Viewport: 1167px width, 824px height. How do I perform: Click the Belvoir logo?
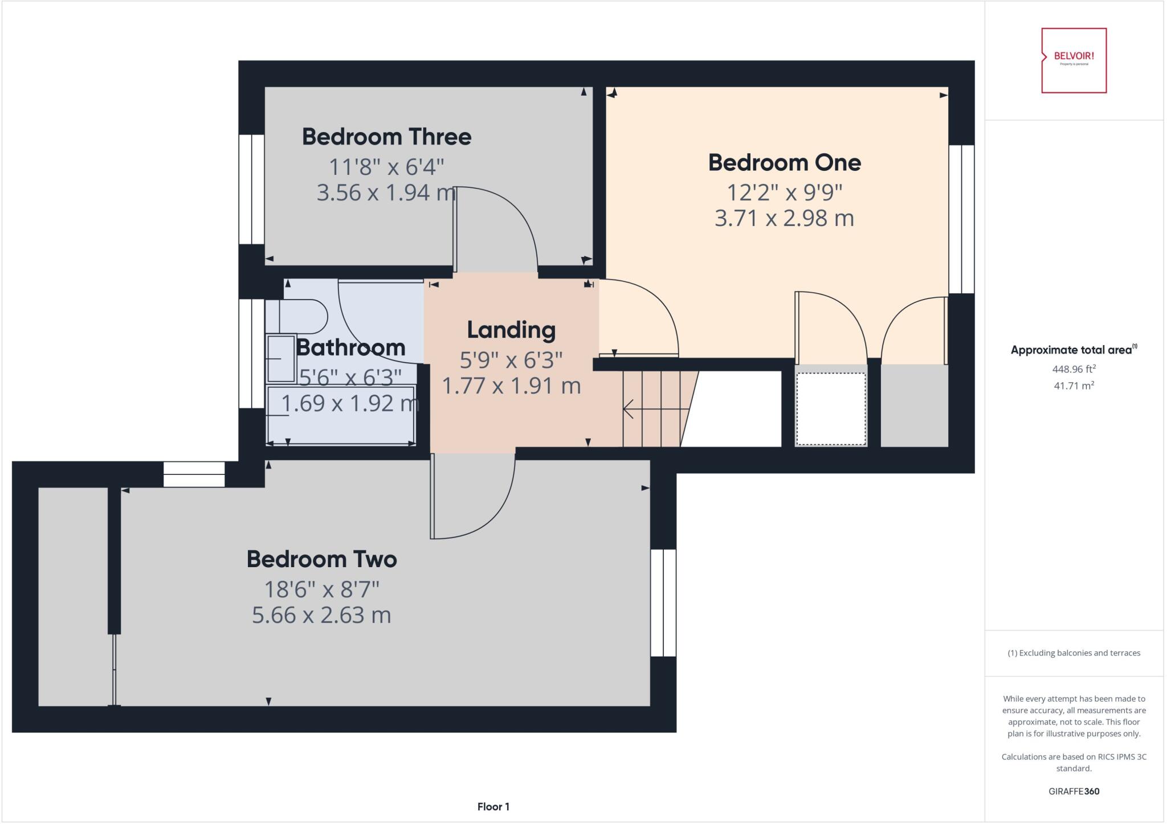pyautogui.click(x=1074, y=60)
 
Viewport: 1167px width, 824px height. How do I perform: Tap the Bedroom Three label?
pyautogui.click(x=386, y=137)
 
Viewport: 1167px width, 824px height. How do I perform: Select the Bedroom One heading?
pyautogui.click(x=784, y=163)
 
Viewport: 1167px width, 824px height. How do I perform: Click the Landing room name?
pyautogui.click(x=511, y=330)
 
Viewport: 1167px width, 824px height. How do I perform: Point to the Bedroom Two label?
pyautogui.click(x=321, y=559)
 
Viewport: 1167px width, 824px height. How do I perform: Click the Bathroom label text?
pyautogui.click(x=350, y=347)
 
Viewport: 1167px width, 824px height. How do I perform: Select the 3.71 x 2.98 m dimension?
pyautogui.click(x=784, y=218)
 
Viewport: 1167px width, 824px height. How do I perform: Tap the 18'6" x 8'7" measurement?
pyautogui.click(x=321, y=589)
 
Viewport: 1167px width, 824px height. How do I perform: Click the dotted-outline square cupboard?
pyautogui.click(x=831, y=408)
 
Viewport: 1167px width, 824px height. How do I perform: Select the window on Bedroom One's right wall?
pyautogui.click(x=961, y=219)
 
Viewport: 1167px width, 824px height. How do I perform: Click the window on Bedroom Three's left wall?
pyautogui.click(x=251, y=189)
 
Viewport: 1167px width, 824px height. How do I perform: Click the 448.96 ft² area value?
pyautogui.click(x=1074, y=369)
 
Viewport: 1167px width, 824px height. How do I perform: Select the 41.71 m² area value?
pyautogui.click(x=1074, y=386)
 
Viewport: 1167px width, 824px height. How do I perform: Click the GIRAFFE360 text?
pyautogui.click(x=1074, y=791)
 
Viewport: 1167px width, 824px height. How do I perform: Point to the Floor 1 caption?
pyautogui.click(x=493, y=806)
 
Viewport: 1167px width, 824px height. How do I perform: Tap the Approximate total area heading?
pyautogui.click(x=1071, y=350)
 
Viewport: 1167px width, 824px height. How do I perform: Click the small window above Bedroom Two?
pyautogui.click(x=194, y=474)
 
